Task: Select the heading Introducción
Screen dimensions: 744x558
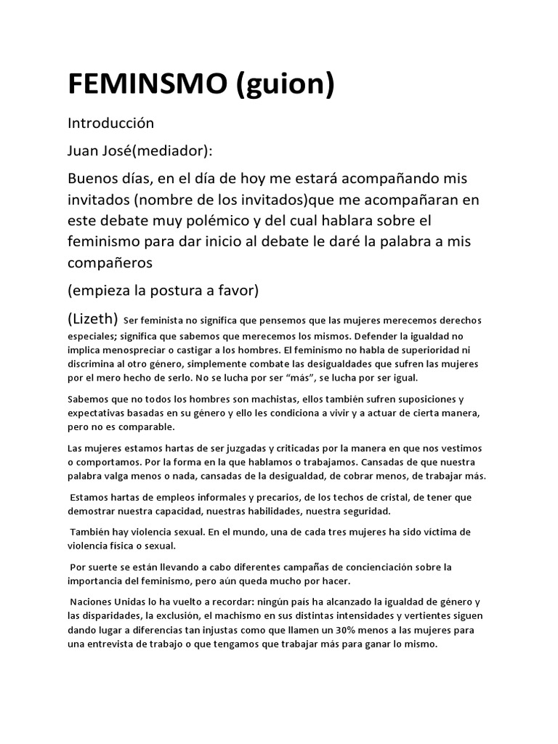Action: (110, 124)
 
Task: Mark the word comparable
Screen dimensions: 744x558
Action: (153, 426)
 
